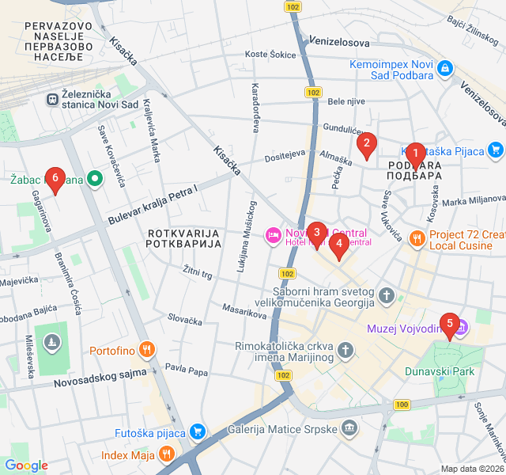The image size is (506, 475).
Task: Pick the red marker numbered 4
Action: pyautogui.click(x=339, y=245)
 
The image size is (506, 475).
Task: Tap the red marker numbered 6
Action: pyautogui.click(x=55, y=179)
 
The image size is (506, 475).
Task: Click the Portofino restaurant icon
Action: pyautogui.click(x=145, y=349)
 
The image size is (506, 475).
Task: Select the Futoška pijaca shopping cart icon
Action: pyautogui.click(x=198, y=432)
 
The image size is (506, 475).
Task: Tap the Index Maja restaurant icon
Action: pyautogui.click(x=166, y=454)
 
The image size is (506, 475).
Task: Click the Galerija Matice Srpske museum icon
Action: pyautogui.click(x=350, y=429)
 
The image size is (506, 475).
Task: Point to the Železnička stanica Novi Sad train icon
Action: pyautogui.click(x=52, y=100)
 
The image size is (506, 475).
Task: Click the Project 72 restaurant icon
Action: pyautogui.click(x=417, y=237)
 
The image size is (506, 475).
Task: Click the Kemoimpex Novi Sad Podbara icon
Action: pyautogui.click(x=446, y=69)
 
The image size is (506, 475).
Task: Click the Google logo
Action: pyautogui.click(x=26, y=465)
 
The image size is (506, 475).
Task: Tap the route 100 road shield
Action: pyautogui.click(x=402, y=405)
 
